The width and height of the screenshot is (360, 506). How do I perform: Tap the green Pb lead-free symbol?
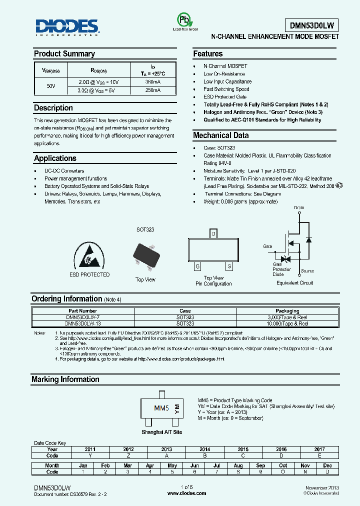click(x=185, y=19)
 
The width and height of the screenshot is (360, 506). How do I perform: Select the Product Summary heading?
click(x=64, y=54)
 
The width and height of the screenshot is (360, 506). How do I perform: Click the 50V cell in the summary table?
click(x=51, y=86)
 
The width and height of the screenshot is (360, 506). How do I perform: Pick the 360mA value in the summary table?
click(x=152, y=82)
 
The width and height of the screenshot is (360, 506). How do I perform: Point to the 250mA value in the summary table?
click(x=152, y=90)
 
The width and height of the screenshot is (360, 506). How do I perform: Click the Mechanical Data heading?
click(x=220, y=135)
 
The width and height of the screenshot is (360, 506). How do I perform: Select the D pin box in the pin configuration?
click(x=213, y=233)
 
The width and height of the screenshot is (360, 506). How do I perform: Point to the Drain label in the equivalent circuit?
click(x=299, y=207)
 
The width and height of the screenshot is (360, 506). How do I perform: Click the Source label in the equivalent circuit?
click(x=307, y=271)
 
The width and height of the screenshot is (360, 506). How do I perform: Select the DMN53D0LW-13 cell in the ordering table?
click(x=83, y=323)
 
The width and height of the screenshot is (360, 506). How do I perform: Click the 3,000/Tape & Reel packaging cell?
click(x=287, y=317)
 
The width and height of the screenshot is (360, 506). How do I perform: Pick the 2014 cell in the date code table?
click(x=205, y=449)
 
